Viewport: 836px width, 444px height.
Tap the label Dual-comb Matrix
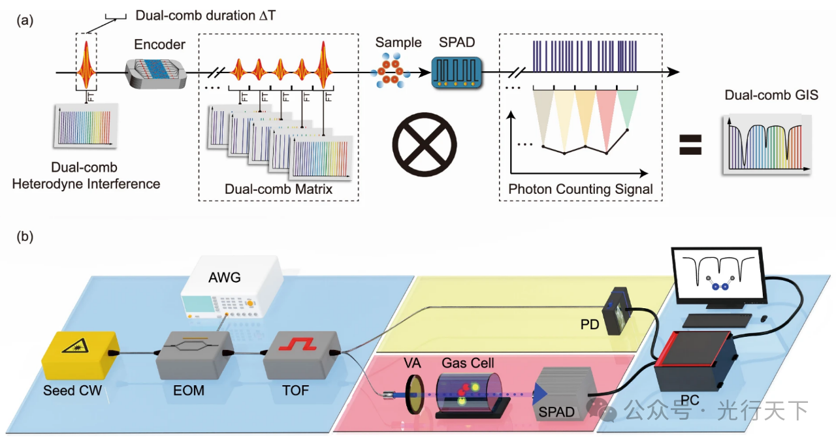point(277,190)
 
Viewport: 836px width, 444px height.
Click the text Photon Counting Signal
point(581,190)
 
